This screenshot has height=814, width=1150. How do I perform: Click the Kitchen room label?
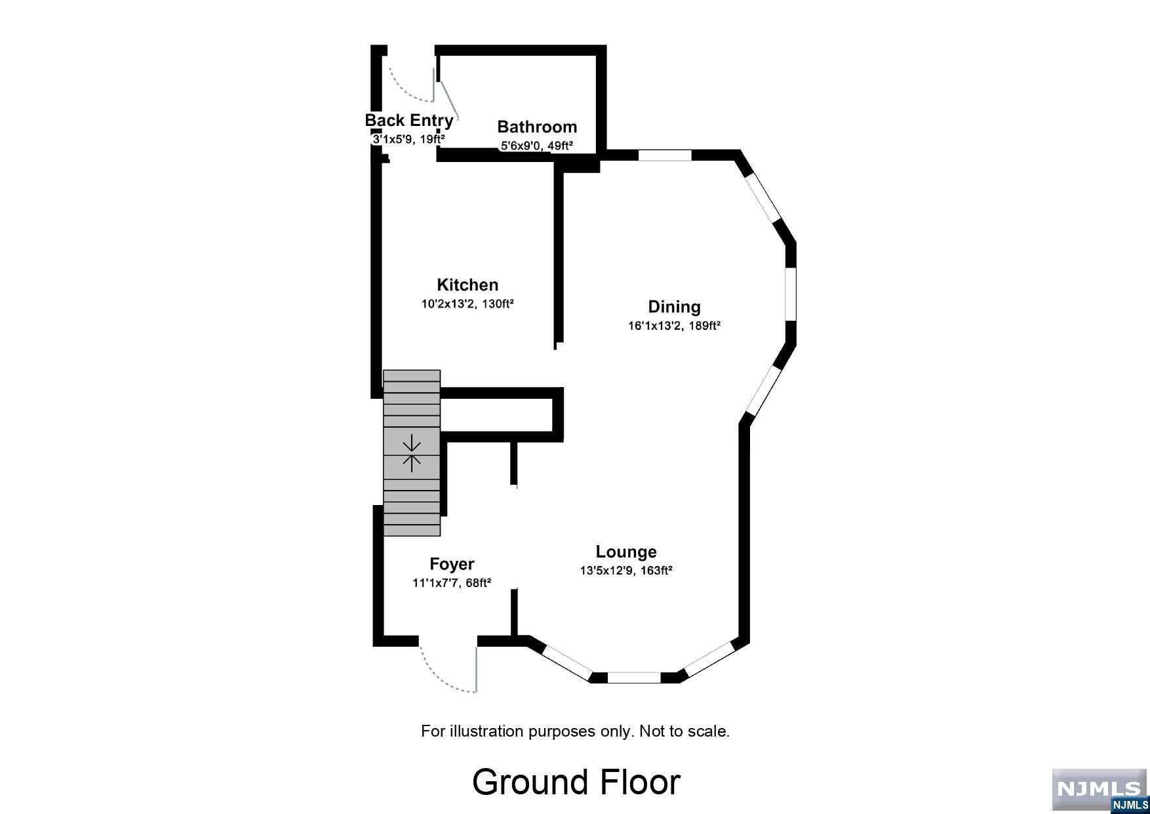coord(467,285)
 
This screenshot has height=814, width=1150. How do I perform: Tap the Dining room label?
coord(674,306)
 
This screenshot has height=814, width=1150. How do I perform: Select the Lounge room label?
coord(626,552)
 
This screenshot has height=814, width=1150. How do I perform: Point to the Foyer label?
coord(452,564)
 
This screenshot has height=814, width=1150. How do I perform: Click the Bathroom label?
coord(537,127)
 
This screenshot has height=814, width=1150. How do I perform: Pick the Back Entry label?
coord(409,120)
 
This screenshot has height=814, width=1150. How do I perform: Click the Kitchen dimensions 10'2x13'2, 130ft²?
coord(467,304)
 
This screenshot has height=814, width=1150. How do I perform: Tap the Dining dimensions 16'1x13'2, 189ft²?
coord(674,325)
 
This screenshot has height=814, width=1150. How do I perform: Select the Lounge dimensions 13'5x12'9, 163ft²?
coord(626,571)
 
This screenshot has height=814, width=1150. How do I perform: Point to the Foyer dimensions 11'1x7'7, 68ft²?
coord(452,582)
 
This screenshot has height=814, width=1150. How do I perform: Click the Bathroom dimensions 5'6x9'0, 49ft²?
coord(537,146)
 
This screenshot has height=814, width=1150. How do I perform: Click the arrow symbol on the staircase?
coord(412,453)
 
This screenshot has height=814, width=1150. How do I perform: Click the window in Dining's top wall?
coord(665,155)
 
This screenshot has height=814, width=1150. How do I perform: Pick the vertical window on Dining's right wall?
coord(791,294)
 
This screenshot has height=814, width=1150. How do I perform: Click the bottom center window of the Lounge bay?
coord(633,678)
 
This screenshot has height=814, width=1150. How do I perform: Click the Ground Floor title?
coord(576,782)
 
